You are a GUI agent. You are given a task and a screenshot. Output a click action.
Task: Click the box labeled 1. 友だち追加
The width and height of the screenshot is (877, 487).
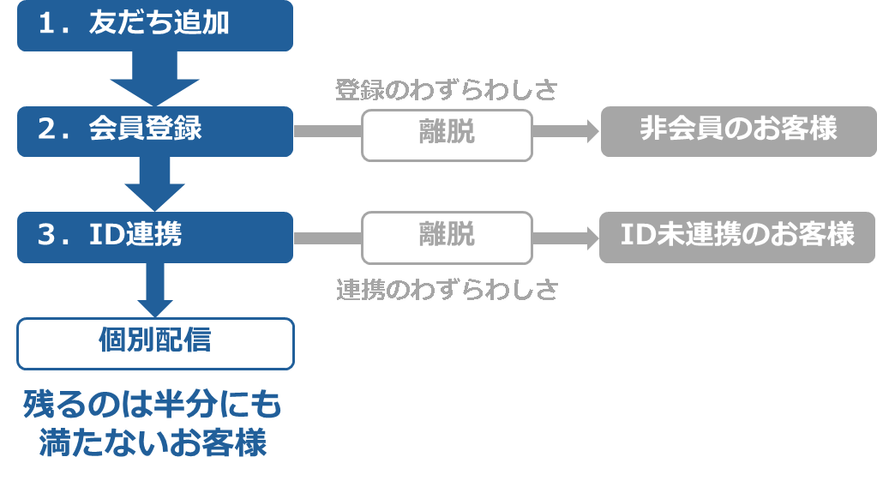(x=155, y=25)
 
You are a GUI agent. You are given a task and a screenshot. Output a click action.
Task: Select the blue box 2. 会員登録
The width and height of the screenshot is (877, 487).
(x=155, y=130)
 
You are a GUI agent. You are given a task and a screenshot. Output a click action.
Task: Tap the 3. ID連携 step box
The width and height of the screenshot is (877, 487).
(x=155, y=236)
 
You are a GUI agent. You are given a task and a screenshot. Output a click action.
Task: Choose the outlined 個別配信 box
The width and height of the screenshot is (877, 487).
(x=155, y=343)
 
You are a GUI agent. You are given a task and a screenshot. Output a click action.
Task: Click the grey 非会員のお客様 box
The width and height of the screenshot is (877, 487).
(x=738, y=131)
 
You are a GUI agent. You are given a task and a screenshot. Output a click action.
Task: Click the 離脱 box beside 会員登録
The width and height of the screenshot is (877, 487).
(x=447, y=135)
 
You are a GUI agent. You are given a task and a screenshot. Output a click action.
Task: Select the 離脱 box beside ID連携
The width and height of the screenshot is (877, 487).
(x=447, y=237)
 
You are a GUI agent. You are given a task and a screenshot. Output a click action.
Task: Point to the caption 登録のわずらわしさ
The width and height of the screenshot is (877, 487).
(x=446, y=89)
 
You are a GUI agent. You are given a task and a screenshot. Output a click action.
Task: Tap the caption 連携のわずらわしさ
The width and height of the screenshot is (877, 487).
(x=447, y=290)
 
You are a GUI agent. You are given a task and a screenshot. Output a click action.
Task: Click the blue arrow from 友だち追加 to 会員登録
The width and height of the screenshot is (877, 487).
(x=155, y=79)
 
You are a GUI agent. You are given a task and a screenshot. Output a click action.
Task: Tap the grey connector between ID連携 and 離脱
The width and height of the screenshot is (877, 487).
(x=327, y=237)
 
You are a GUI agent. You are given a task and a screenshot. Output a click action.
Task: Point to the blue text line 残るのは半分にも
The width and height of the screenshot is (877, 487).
(x=153, y=404)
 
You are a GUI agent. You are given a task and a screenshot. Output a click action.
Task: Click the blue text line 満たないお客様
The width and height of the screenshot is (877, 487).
(x=153, y=443)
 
